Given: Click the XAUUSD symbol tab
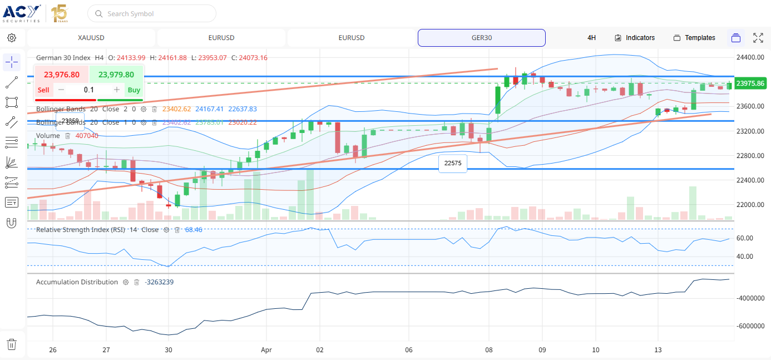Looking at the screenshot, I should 91,38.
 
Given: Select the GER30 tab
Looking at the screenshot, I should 481,38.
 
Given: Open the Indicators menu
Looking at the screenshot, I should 635,38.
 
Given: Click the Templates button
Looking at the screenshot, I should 694,38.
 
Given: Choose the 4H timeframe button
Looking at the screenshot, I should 591,38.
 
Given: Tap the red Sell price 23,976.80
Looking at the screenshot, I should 62,75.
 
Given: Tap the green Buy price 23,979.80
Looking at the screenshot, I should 116,75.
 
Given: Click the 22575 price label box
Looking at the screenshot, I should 453,164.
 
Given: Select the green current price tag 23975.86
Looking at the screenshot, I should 750,83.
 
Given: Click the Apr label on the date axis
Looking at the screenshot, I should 266,350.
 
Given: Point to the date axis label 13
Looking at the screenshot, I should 658,350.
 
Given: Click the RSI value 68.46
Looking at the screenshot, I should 194,230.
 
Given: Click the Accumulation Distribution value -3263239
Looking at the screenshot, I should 159,282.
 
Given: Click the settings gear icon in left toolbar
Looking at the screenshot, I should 12,38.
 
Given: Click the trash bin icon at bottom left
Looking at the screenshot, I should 12,344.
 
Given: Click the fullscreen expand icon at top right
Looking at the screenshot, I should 758,38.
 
